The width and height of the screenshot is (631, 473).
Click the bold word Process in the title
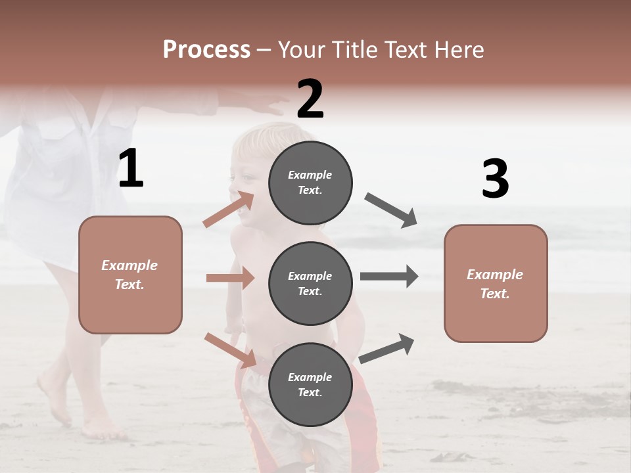pyautogui.click(x=206, y=50)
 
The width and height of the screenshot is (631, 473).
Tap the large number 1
pyautogui.click(x=131, y=169)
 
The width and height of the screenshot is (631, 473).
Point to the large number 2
pyautogui.click(x=310, y=99)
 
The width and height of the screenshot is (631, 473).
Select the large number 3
pyautogui.click(x=495, y=179)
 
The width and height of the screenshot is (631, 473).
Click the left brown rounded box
pyautogui.click(x=130, y=275)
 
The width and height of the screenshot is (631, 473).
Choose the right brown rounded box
pyautogui.click(x=496, y=283)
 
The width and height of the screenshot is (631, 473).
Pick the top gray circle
pyautogui.click(x=310, y=183)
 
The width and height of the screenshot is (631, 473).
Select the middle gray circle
pyautogui.click(x=310, y=283)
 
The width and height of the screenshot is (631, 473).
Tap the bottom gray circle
pyautogui.click(x=310, y=384)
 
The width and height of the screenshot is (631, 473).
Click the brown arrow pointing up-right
pyautogui.click(x=229, y=209)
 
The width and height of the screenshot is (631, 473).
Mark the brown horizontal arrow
pyautogui.click(x=230, y=278)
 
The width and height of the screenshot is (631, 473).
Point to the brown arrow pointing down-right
pyautogui.click(x=230, y=350)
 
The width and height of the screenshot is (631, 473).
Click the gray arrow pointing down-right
pyautogui.click(x=391, y=210)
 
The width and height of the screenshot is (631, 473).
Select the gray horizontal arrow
pyautogui.click(x=389, y=277)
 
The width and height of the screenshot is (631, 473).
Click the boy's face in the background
pyautogui.click(x=246, y=181)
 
